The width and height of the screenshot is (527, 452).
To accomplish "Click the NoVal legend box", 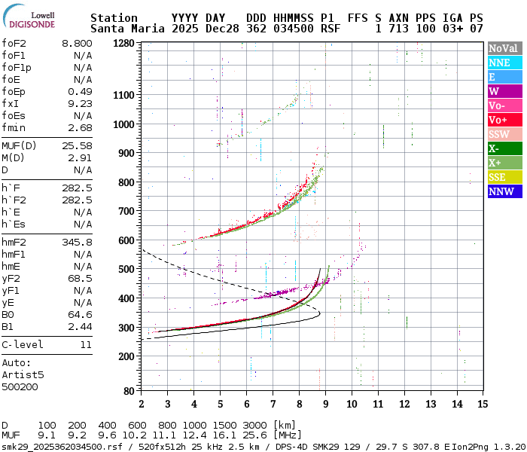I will tap(503, 48).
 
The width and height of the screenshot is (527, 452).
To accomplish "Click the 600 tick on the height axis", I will tap(125, 240).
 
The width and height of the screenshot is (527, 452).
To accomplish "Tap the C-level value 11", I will tap(86, 344).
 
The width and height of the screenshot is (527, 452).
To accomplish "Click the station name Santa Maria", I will tap(128, 29).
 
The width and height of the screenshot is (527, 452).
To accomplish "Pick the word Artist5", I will tap(23, 374).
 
